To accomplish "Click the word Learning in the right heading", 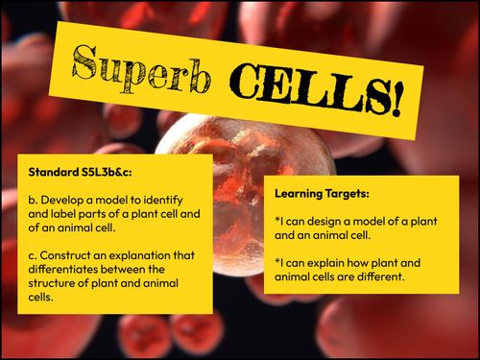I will pos(300,192).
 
